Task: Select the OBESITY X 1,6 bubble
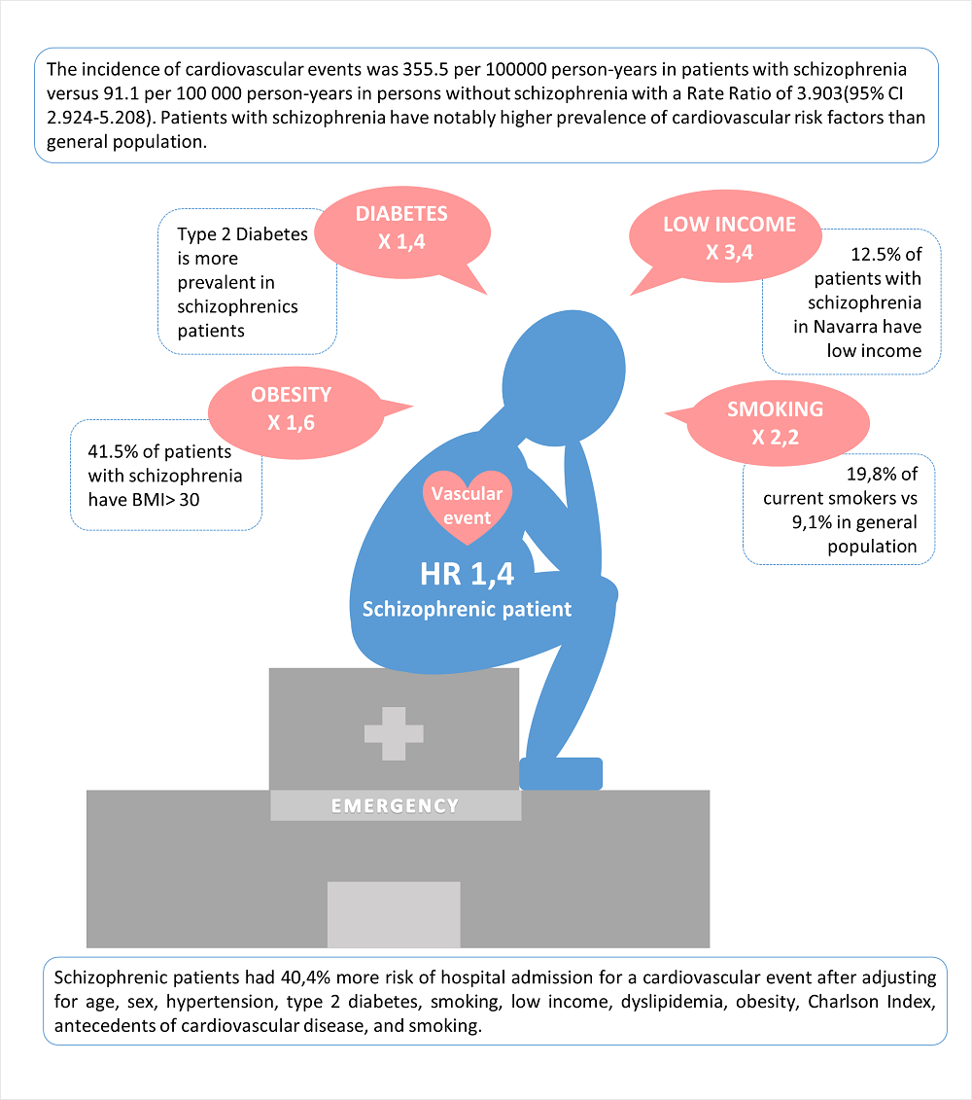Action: [291, 408]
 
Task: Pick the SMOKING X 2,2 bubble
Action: [774, 423]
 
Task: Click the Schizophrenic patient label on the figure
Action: [467, 610]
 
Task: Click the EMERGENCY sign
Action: [395, 805]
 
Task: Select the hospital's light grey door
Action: [393, 914]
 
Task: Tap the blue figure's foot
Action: [562, 773]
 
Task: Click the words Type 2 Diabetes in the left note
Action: [242, 234]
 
